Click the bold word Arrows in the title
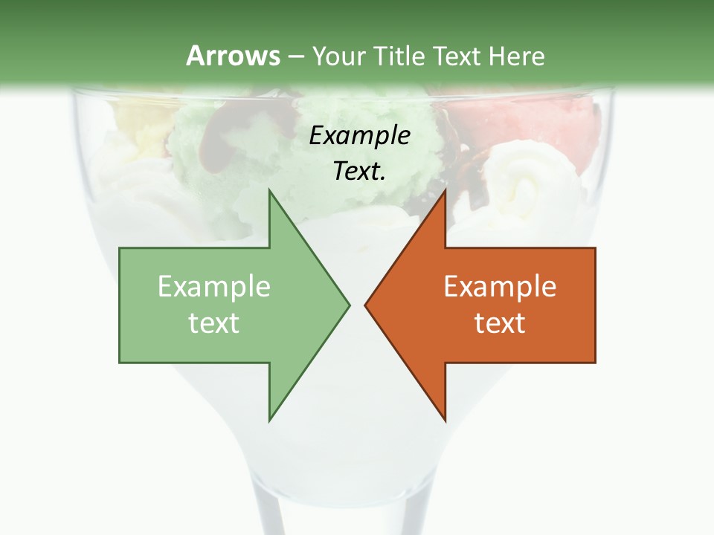[233, 56]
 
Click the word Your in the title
[339, 56]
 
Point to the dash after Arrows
[295, 56]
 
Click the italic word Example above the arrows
[359, 136]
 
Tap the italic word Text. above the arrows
[359, 172]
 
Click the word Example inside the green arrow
[214, 286]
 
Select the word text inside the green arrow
[214, 322]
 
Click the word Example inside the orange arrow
[500, 286]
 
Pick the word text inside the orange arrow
[500, 322]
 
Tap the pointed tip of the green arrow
[349, 305]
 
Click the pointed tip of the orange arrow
[365, 305]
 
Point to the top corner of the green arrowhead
[269, 190]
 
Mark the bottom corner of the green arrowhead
[269, 421]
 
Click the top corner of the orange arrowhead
[445, 190]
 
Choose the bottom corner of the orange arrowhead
[445, 421]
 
